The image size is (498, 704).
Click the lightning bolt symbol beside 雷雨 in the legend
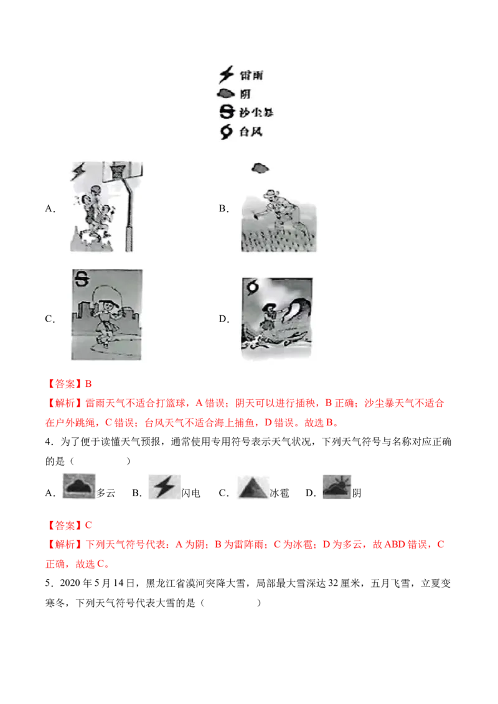(227, 75)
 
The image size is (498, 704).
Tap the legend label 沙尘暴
(256, 112)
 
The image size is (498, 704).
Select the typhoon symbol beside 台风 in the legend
(226, 132)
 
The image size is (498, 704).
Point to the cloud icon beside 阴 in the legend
(226, 93)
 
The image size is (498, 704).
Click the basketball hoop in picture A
(118, 171)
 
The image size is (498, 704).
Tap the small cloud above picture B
(260, 169)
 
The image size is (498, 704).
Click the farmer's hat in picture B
(271, 193)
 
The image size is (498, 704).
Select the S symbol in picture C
(82, 279)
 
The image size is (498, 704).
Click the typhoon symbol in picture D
(253, 287)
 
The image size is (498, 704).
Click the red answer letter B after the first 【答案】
(88, 384)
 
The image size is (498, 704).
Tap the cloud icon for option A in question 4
(79, 486)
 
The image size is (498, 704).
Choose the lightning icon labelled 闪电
(164, 487)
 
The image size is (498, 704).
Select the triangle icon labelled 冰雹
(253, 487)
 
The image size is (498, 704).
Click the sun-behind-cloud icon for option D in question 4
(337, 487)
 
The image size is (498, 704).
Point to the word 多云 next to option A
(106, 493)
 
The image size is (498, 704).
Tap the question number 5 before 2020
(48, 583)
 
